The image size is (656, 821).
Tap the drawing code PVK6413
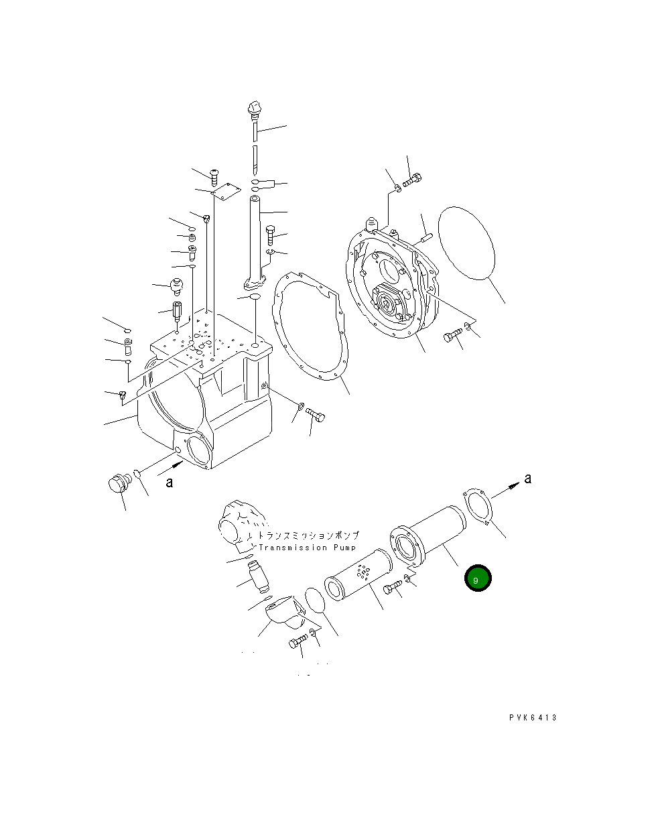pyautogui.click(x=533, y=718)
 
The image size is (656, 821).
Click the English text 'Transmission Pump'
pyautogui.click(x=302, y=548)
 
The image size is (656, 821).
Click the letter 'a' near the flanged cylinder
pyautogui.click(x=527, y=479)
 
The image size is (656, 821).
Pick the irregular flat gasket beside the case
pyautogui.click(x=310, y=328)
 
